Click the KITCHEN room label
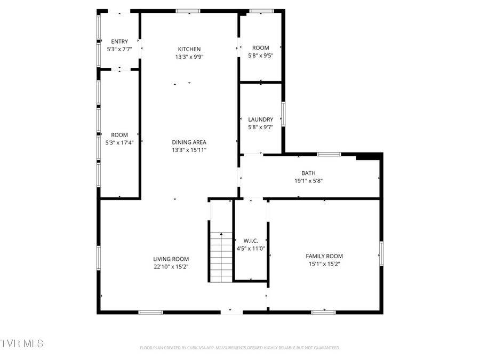pos(189,49)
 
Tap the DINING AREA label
pos(189,142)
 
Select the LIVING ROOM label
pos(171,259)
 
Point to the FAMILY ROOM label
pos(324,256)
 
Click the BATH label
pos(308,173)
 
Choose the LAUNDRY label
pos(260,119)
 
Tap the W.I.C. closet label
pos(251,241)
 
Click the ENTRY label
pos(119,42)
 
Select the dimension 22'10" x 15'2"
pos(171,266)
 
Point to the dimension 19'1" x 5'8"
pos(308,181)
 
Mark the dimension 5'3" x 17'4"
pos(119,142)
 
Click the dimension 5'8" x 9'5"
pos(260,55)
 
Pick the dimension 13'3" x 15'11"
pos(189,150)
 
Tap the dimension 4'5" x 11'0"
pos(251,249)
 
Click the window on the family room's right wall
pos(381,253)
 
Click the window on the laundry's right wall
pos(283,114)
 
